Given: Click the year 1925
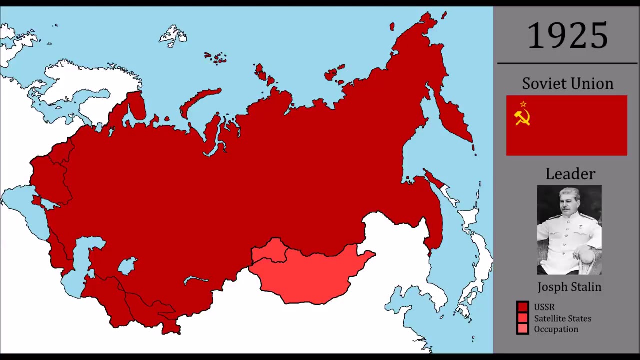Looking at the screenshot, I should [568, 36].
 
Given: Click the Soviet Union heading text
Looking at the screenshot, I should [567, 83].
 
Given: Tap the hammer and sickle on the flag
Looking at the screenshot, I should [522, 118].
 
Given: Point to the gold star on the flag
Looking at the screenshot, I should [523, 104].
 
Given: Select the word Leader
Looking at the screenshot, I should [570, 174].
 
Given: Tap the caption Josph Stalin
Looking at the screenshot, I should [569, 287].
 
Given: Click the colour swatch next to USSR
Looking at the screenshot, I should [523, 307].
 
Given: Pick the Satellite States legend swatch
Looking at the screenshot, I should [523, 318].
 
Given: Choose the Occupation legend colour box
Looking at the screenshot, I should [523, 329].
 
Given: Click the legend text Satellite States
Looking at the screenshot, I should [562, 318].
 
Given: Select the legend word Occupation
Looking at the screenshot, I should [556, 329].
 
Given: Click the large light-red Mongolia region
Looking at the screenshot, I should [315, 275].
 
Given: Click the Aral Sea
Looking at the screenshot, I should [127, 266].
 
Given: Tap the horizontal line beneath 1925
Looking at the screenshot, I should [567, 63].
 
